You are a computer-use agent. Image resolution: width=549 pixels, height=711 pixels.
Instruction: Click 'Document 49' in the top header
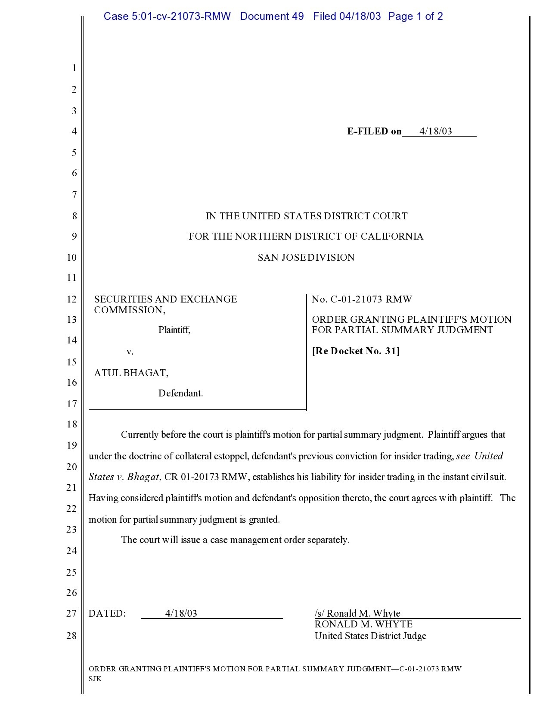tap(272, 16)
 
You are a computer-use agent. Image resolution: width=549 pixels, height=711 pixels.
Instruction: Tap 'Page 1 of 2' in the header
tap(415, 16)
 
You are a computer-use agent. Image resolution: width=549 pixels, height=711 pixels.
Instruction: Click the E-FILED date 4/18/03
tap(436, 131)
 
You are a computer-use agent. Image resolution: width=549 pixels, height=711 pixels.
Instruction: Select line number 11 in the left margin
tap(71, 278)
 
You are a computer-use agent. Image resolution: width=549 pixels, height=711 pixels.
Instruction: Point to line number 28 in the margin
tap(71, 636)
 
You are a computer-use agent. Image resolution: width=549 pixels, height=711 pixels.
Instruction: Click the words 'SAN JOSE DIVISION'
tap(306, 258)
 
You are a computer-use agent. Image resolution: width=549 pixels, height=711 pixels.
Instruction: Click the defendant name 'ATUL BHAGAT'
tap(130, 373)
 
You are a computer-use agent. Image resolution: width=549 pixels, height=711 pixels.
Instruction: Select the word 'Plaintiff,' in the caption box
tap(174, 330)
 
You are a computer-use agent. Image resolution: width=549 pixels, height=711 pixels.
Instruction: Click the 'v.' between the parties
tap(130, 352)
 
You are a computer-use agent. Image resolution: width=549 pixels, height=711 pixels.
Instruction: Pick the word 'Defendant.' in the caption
tap(181, 393)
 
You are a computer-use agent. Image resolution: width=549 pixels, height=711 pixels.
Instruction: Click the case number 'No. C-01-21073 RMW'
tap(362, 299)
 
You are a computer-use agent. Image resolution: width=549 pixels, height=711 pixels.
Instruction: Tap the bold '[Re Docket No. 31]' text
tap(356, 351)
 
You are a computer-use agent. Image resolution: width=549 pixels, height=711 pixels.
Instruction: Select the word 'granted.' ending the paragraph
tap(264, 520)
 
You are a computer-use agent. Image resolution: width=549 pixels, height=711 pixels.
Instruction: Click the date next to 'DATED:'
tap(181, 614)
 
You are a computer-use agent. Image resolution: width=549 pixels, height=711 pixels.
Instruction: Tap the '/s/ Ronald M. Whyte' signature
tap(357, 614)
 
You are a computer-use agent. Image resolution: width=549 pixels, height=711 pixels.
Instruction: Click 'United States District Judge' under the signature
tap(370, 636)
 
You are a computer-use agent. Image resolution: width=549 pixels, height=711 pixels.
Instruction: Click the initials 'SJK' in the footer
tap(95, 679)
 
